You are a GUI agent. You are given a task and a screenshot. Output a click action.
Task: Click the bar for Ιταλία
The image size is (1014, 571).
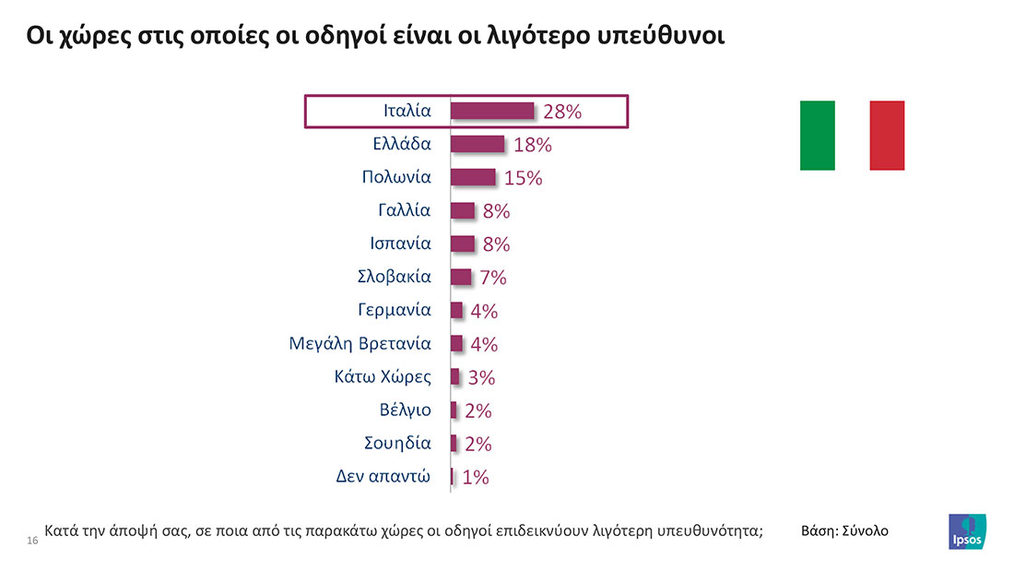(491, 111)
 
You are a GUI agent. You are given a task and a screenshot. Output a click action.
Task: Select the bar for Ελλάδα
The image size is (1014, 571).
(477, 144)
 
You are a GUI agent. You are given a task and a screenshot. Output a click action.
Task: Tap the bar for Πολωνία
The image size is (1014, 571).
(472, 177)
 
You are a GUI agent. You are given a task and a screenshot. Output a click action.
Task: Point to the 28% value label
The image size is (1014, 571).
(562, 112)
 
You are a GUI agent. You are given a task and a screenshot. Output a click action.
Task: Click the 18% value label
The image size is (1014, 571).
(532, 145)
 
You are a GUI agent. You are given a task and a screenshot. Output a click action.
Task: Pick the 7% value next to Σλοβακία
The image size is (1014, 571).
(493, 278)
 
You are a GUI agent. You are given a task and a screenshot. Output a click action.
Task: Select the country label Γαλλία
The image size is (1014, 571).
(404, 209)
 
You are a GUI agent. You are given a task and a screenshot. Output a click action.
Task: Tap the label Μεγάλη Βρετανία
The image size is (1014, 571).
(360, 344)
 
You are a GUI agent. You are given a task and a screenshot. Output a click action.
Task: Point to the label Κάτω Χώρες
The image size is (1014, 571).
(383, 376)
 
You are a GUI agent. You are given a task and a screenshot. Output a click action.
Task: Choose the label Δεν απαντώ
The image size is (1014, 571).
(383, 477)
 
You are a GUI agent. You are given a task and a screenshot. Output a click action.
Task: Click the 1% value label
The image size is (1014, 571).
(475, 478)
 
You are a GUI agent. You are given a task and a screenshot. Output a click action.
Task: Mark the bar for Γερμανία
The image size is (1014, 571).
(456, 310)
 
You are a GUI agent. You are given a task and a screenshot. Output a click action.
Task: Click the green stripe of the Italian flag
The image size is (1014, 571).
(817, 136)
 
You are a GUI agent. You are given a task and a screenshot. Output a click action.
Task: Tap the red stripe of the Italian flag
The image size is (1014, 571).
(887, 136)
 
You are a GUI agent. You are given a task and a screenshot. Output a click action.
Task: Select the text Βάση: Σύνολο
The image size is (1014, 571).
(845, 531)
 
